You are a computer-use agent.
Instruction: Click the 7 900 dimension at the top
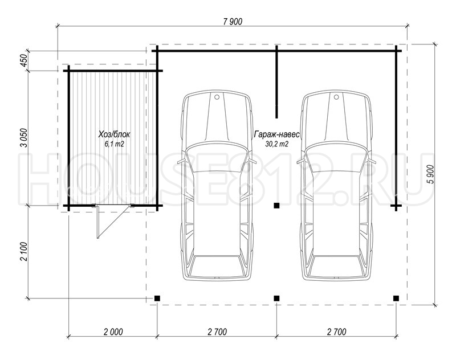click(233, 22)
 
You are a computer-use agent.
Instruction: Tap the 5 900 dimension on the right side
click(430, 174)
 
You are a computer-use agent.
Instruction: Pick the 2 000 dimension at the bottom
click(113, 332)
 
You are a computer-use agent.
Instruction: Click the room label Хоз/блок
click(114, 134)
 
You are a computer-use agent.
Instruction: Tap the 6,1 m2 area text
click(115, 144)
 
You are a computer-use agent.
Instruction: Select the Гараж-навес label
click(276, 135)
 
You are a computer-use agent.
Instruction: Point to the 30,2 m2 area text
click(276, 144)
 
